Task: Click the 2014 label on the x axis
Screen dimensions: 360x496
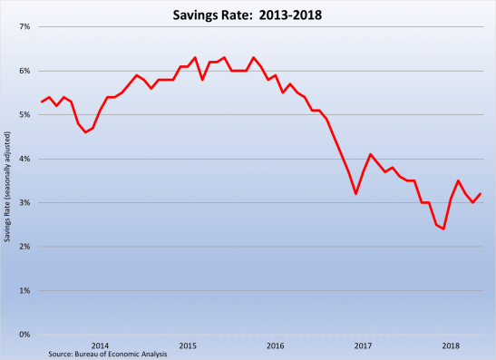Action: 100,345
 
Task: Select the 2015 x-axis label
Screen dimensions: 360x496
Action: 188,345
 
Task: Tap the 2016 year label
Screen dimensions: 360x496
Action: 275,345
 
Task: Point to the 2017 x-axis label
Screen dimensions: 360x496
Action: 363,345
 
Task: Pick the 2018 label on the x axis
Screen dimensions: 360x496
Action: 451,345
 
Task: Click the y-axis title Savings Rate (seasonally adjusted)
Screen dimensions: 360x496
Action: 8,181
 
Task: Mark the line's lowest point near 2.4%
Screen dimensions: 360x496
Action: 443,229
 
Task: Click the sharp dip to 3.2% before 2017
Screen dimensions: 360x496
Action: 355,194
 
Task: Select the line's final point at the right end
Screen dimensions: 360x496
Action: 480,194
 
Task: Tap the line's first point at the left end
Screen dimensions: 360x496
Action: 42,102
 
